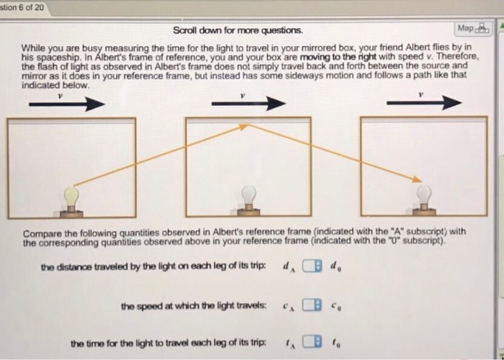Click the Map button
(472, 29)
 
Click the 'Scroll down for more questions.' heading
(238, 31)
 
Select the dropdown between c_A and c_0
(310, 306)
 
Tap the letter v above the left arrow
(61, 94)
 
